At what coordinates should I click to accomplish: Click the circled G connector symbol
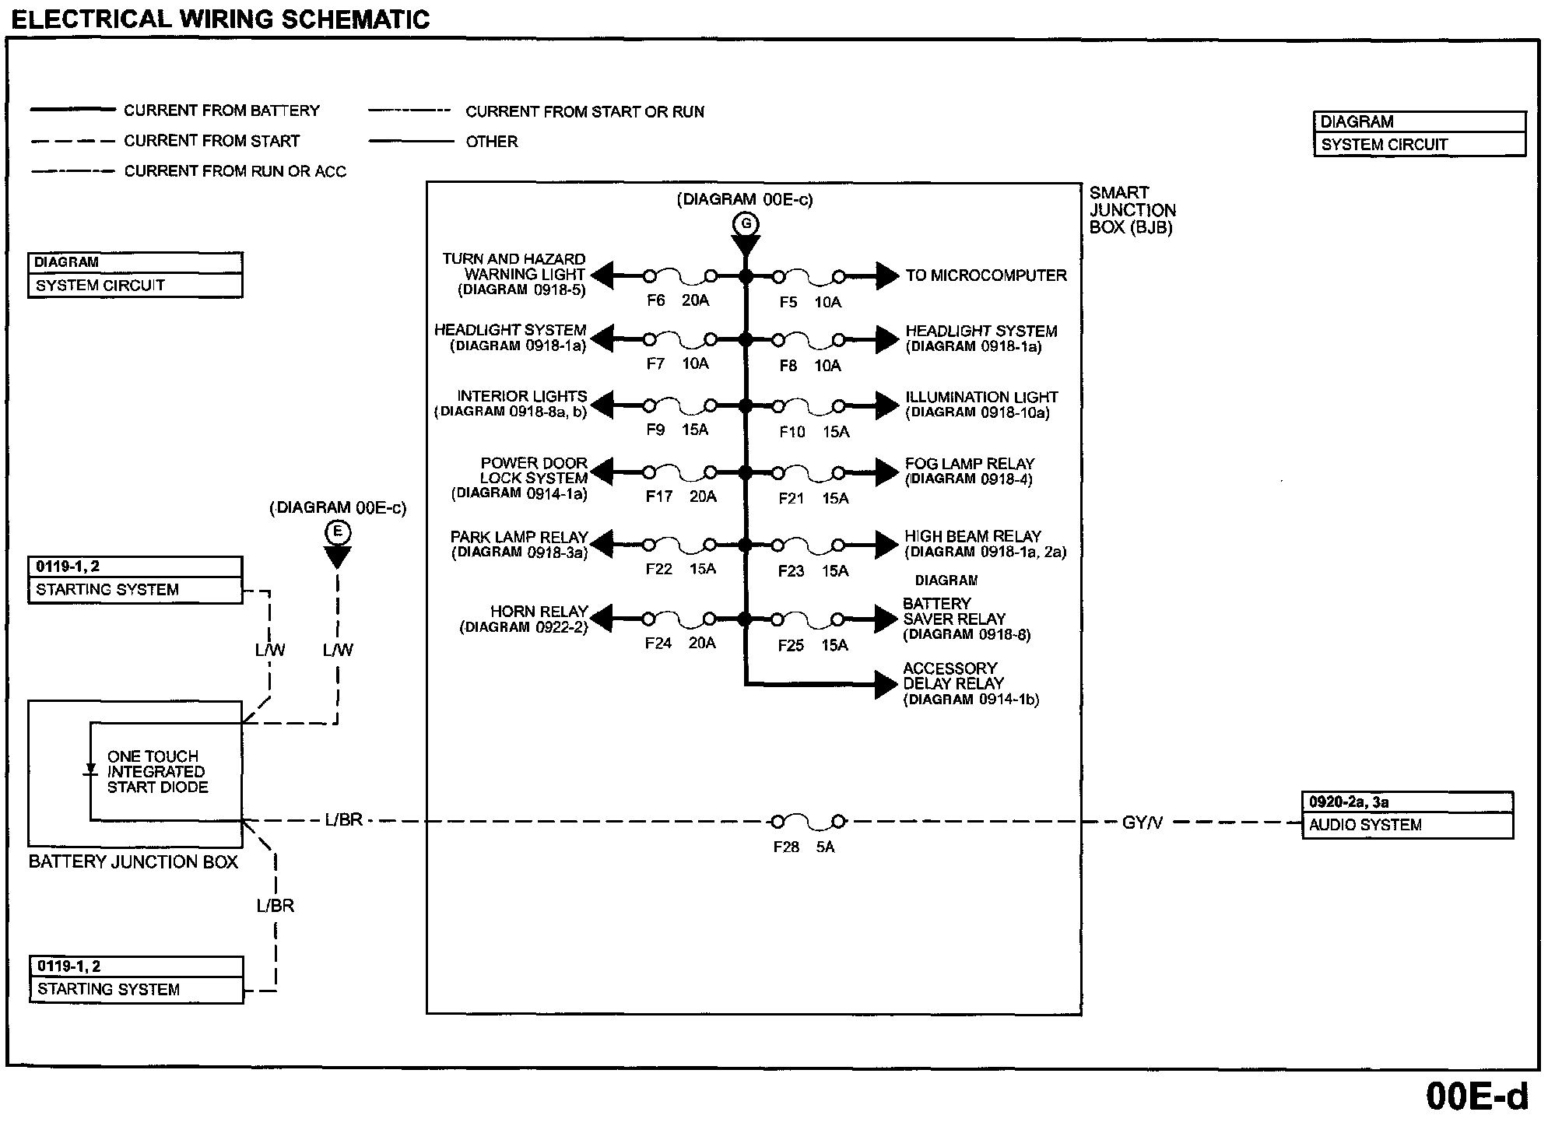746,225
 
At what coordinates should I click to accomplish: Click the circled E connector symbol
338,532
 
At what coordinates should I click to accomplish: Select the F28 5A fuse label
803,847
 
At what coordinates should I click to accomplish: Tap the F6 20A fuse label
678,300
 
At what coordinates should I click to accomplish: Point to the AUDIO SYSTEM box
1407,815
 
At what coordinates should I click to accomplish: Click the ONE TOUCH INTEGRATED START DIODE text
157,771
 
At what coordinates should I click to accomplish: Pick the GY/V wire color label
1142,823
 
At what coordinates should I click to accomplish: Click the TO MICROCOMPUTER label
985,275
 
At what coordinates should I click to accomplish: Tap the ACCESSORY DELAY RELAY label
970,683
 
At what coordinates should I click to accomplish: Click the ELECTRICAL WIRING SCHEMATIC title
220,19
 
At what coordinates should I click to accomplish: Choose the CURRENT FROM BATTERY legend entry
221,110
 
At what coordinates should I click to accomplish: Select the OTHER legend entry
491,142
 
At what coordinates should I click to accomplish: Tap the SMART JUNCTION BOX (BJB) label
1132,210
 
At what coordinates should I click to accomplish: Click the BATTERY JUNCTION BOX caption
133,861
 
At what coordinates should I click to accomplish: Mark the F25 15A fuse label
813,645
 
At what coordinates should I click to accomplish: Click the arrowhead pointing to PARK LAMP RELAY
601,544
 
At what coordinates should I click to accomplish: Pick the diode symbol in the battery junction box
90,770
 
